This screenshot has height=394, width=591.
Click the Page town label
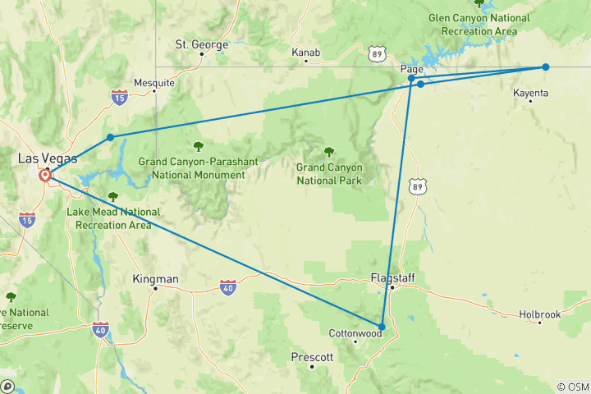coord(412,69)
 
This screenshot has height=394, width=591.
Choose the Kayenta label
coord(530,93)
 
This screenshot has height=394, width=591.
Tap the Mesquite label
coord(154,83)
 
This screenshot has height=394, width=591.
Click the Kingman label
coord(155,279)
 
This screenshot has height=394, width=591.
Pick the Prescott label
coord(312,357)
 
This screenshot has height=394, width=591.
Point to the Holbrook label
coord(539,314)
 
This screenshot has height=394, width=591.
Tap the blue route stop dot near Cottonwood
coord(382,327)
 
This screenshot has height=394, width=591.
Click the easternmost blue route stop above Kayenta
coord(545,66)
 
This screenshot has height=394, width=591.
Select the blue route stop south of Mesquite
coord(110,137)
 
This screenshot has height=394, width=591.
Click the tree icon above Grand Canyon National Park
coord(329,151)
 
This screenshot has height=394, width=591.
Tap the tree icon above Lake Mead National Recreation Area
coord(113,196)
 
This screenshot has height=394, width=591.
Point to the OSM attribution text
coord(572,387)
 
